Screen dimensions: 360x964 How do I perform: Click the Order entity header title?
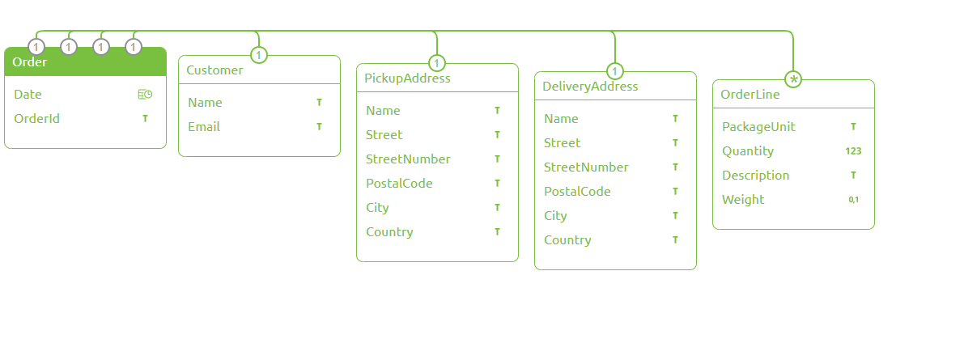click(x=30, y=62)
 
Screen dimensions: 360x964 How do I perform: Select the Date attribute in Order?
click(x=28, y=95)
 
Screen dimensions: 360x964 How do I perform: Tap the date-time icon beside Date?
click(x=145, y=95)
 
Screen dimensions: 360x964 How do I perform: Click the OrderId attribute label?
click(x=36, y=119)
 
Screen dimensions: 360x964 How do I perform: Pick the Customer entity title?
click(x=214, y=70)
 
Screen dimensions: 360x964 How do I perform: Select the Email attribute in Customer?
click(x=204, y=127)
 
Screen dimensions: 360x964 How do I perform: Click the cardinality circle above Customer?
click(x=258, y=55)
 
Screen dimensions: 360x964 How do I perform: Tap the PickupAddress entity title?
click(x=407, y=78)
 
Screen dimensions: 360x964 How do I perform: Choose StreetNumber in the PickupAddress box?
click(x=408, y=159)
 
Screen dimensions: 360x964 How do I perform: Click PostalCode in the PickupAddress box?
click(x=399, y=184)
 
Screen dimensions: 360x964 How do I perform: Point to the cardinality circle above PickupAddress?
click(x=436, y=63)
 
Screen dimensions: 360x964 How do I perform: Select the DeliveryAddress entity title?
click(x=590, y=87)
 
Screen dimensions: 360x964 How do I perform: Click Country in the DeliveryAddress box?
click(x=567, y=240)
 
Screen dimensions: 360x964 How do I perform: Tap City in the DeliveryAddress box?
click(x=555, y=216)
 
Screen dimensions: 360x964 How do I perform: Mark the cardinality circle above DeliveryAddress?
click(x=614, y=71)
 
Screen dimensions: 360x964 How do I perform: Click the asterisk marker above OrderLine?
click(x=793, y=79)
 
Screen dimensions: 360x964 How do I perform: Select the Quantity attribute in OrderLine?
click(x=748, y=151)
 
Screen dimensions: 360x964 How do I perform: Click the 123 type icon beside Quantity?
click(x=853, y=151)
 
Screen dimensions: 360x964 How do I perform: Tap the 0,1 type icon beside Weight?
click(x=853, y=200)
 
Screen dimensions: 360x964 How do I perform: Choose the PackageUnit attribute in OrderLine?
click(x=758, y=127)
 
